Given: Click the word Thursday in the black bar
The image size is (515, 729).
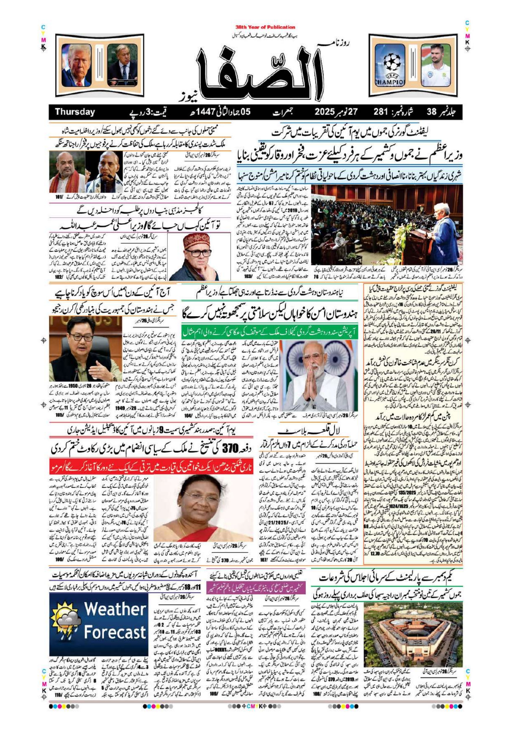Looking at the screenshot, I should [x=75, y=112].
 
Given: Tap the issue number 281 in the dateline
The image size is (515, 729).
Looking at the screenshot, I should [x=385, y=112].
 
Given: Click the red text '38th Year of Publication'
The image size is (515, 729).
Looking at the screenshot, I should [x=265, y=27].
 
